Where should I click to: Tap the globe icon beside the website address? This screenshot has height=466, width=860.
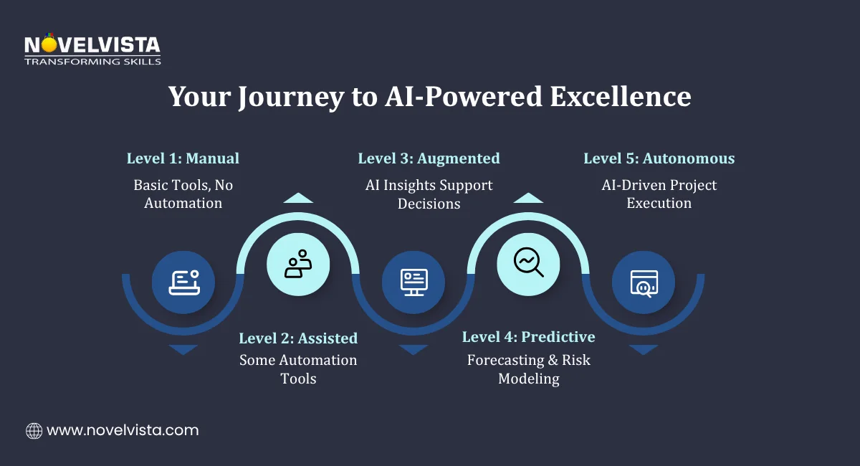[x=34, y=431]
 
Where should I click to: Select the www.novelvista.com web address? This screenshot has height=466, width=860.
[x=123, y=431]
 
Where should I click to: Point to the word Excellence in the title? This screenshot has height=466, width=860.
[x=621, y=97]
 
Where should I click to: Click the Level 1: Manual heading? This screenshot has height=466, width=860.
[x=183, y=158]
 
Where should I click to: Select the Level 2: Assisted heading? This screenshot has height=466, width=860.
[x=298, y=338]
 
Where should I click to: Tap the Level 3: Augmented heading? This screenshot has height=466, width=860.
[x=429, y=158]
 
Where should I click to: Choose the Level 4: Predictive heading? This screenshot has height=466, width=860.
[x=528, y=337]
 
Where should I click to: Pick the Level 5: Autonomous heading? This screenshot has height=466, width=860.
[x=659, y=158]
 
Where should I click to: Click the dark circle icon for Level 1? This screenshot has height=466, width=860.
[x=183, y=282]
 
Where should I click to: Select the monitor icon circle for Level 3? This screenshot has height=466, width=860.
[x=414, y=282]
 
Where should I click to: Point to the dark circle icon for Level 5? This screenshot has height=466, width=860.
[x=643, y=282]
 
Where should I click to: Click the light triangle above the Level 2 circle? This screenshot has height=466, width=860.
[x=298, y=198]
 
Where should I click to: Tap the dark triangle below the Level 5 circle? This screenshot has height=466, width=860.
[x=643, y=349]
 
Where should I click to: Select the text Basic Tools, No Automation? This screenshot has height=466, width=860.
[x=183, y=194]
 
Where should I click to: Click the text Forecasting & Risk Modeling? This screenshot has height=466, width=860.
[x=528, y=369]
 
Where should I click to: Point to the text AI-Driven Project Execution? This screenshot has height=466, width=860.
[x=659, y=194]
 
